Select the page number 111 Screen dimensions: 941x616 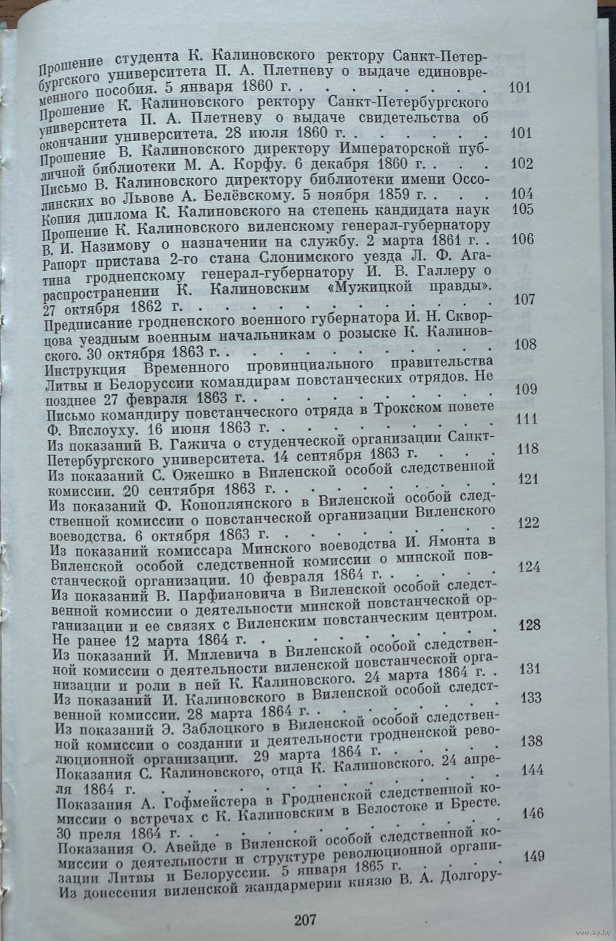tap(525, 418)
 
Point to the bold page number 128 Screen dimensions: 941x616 tap(530, 625)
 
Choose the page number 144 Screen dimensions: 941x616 tap(532, 770)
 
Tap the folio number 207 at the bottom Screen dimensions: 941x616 tap(305, 920)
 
